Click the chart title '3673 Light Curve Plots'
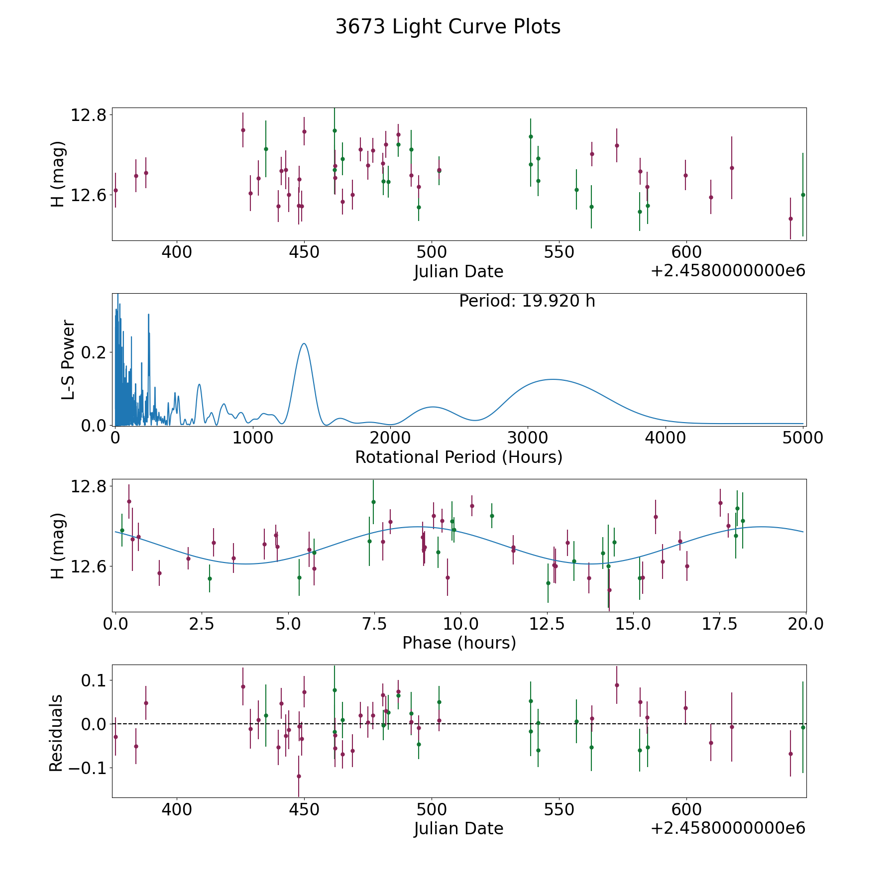click(x=448, y=27)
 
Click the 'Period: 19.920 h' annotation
click(x=527, y=301)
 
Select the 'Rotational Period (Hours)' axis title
click(x=458, y=457)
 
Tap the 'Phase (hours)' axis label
click(x=459, y=643)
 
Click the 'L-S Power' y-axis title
click(x=68, y=359)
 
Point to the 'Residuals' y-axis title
click(x=56, y=733)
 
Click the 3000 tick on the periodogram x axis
click(x=527, y=438)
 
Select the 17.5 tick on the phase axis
click(x=720, y=624)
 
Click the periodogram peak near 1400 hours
click(x=304, y=343)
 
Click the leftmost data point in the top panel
click(x=115, y=190)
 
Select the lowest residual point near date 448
click(x=299, y=776)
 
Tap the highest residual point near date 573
click(x=617, y=685)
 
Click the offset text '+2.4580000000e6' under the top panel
click(x=728, y=271)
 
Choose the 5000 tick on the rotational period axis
click(x=802, y=438)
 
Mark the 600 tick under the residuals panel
click(x=686, y=809)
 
